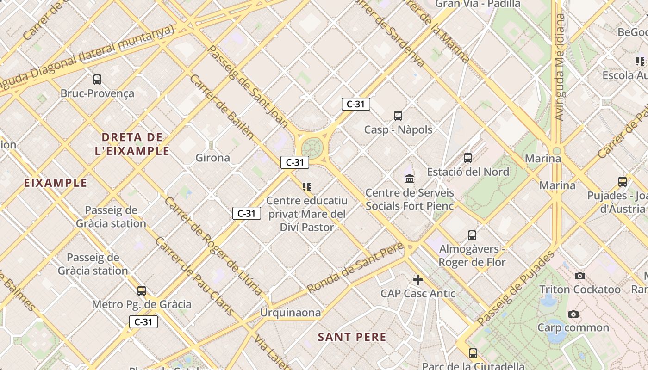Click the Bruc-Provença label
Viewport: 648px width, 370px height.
tap(97, 93)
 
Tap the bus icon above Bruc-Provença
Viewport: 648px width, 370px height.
tap(97, 79)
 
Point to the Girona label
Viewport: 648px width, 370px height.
tap(212, 158)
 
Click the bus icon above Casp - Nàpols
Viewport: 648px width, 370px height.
tap(398, 116)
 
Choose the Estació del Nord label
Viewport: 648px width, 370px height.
tap(468, 172)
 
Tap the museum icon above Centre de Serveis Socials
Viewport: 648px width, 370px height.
tap(410, 179)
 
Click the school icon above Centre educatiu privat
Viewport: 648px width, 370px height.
tap(307, 187)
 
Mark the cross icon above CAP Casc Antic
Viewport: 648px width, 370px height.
tap(418, 280)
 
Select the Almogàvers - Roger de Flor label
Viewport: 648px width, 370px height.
tap(472, 256)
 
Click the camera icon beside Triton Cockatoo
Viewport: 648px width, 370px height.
tap(579, 276)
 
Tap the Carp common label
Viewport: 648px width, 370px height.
tap(573, 328)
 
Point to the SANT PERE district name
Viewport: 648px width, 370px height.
tap(352, 337)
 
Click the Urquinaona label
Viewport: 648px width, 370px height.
tap(290, 313)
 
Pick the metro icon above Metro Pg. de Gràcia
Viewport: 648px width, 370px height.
tap(142, 290)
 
